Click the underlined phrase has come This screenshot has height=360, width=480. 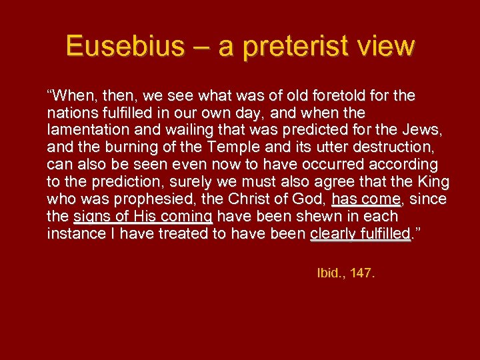click(x=367, y=199)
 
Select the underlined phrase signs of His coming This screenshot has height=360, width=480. click(x=143, y=217)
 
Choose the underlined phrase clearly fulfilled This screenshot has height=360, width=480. click(x=361, y=234)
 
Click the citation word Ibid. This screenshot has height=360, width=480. click(x=329, y=273)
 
